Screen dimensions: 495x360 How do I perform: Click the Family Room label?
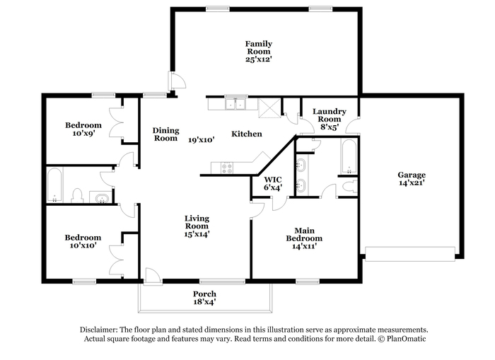click(259, 47)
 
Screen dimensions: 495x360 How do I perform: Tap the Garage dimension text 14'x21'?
click(412, 183)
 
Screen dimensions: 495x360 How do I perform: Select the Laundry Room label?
click(330, 115)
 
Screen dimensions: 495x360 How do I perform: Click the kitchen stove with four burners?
click(227, 168)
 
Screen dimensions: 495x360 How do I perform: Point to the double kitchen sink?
click(235, 103)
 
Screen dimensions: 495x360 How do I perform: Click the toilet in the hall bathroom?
click(77, 195)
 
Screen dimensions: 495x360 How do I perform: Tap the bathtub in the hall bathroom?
click(54, 185)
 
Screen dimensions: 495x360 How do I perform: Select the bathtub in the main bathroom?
click(349, 156)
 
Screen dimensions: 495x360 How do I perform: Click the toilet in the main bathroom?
click(350, 186)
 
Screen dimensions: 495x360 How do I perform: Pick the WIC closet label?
click(273, 180)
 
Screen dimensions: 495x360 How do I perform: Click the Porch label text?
click(204, 294)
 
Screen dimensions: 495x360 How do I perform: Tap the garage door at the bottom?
click(410, 254)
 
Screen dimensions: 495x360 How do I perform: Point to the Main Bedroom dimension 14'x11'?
click(304, 246)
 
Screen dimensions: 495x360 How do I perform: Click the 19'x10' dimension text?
click(202, 140)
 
